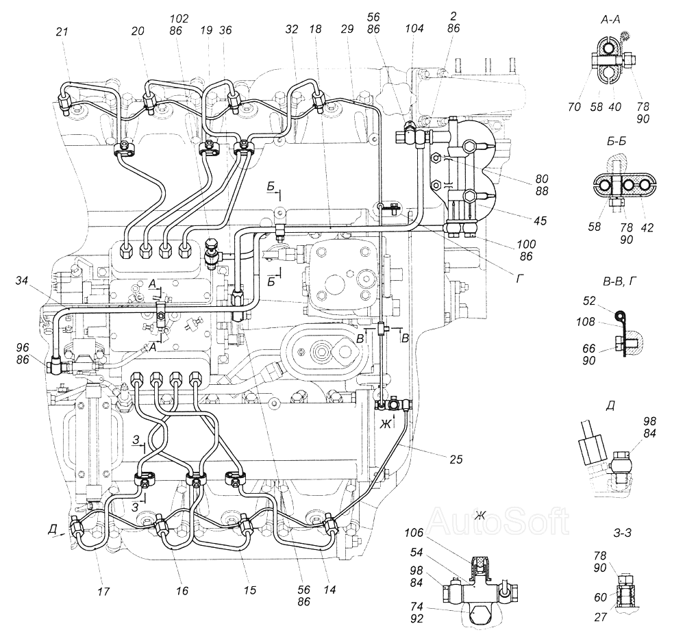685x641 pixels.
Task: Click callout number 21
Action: click(x=62, y=32)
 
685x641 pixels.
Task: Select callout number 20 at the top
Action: click(x=138, y=31)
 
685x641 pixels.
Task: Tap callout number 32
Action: click(x=291, y=29)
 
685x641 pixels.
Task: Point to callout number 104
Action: click(x=414, y=28)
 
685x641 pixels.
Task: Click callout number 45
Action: click(x=540, y=221)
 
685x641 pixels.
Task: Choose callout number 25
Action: click(x=456, y=459)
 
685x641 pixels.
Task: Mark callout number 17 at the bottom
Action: click(x=103, y=591)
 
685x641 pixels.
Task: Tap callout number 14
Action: click(x=330, y=590)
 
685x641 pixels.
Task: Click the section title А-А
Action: click(x=610, y=18)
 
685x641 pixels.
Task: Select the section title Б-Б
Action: click(x=616, y=141)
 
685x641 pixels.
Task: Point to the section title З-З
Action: click(x=623, y=533)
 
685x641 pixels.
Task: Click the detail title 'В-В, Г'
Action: click(x=619, y=281)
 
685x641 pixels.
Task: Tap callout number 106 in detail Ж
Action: click(x=414, y=533)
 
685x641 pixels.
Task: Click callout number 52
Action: click(x=589, y=301)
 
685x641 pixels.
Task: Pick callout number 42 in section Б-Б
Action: click(x=647, y=227)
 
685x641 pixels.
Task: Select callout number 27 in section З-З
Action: click(x=601, y=617)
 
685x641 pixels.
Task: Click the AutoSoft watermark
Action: click(x=498, y=521)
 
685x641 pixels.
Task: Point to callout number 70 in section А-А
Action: click(x=575, y=107)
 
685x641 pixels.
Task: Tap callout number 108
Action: click(x=586, y=322)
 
